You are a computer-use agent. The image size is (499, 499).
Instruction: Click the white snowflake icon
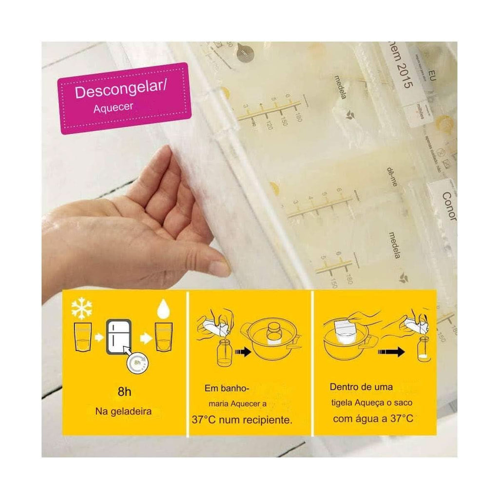tap(81, 307)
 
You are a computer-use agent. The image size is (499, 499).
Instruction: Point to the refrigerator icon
tap(118, 337)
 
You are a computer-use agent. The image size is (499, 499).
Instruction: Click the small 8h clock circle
tap(138, 363)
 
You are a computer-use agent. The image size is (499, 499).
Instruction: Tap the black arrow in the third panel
tap(393, 351)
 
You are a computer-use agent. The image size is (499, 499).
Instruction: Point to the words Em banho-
tap(227, 388)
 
